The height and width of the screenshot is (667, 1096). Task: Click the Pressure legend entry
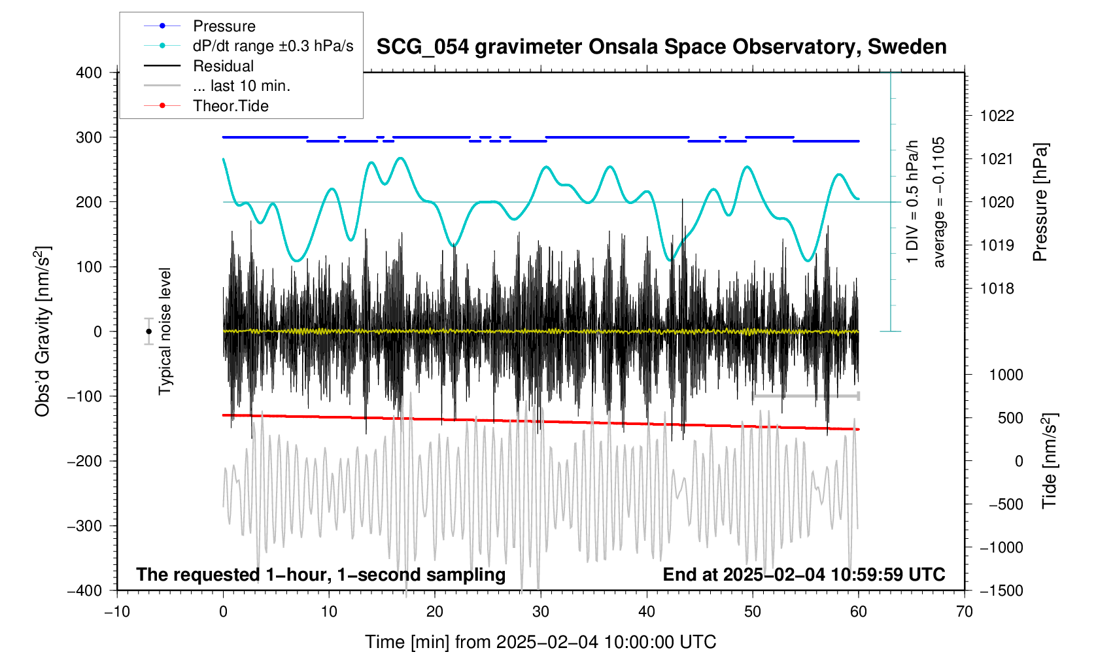coord(224,26)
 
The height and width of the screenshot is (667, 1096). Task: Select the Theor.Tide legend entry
coord(230,106)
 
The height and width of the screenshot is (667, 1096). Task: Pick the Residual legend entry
coord(223,66)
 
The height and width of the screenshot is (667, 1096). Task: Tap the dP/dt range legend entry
coord(273,46)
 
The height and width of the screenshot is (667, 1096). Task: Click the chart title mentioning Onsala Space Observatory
coord(661,47)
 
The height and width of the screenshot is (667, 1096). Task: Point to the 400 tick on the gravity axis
coord(89,73)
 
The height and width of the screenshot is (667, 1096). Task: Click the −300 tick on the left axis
coord(85,526)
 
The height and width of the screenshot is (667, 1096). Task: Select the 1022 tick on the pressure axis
coord(997,116)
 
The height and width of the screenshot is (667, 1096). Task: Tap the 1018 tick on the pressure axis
coord(997,288)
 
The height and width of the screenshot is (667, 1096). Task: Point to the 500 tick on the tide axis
coord(1010,418)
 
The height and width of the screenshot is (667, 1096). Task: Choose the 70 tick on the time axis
coord(964,611)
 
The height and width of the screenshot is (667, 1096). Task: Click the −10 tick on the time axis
coord(117,611)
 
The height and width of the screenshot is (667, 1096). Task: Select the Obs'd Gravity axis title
coord(43,332)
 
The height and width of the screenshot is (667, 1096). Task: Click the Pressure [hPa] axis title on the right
coord(1040,202)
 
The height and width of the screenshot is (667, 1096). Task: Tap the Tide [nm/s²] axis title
coord(1049,461)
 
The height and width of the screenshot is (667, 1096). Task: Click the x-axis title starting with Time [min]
coord(540,642)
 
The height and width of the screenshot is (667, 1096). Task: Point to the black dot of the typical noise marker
coord(149,332)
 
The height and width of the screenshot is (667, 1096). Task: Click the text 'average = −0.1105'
coord(939,202)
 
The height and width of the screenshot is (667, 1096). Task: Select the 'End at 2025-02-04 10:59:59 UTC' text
coord(804,575)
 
